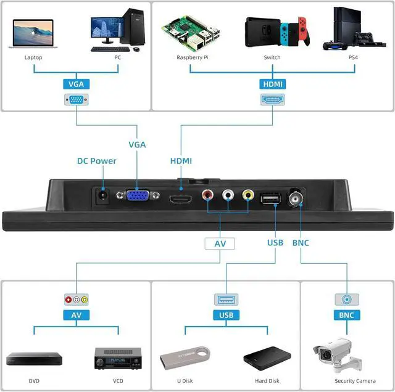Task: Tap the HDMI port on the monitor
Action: pos(182,200)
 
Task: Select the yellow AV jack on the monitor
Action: pos(247,196)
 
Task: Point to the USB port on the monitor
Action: pos(271,198)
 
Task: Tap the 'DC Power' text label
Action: pos(96,161)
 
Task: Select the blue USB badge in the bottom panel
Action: pos(226,316)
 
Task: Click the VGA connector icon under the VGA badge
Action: pos(75,99)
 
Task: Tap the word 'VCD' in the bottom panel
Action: pos(118,381)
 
